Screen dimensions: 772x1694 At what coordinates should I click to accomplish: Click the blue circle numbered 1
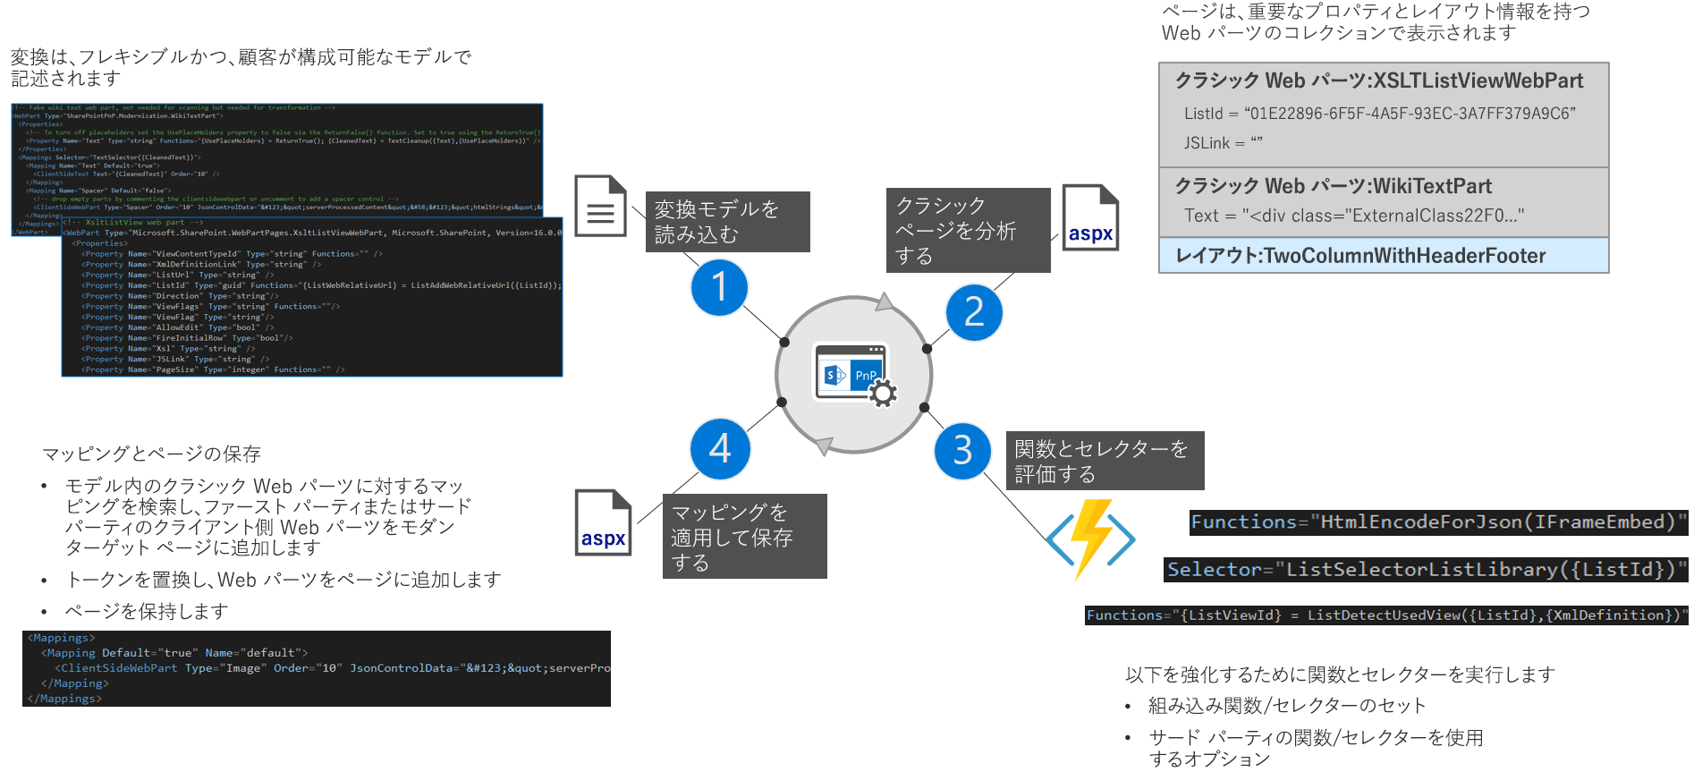coord(719,287)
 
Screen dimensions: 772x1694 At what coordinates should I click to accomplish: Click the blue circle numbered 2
coord(974,312)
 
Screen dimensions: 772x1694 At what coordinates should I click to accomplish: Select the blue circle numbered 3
coord(962,451)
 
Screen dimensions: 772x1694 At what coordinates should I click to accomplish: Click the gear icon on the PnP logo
coord(883,393)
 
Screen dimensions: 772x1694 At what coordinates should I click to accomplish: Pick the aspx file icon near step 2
coord(1090,217)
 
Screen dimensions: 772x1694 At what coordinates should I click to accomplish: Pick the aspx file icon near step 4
coord(603,522)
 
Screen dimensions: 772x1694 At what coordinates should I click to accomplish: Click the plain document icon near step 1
coord(600,207)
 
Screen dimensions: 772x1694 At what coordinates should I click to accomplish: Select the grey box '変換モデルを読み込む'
coord(727,222)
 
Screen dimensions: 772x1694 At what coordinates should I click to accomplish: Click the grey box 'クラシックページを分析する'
coord(968,230)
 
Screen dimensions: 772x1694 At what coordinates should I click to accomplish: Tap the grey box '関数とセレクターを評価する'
coord(1105,461)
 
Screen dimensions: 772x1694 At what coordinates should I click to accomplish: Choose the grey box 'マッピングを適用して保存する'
coord(744,537)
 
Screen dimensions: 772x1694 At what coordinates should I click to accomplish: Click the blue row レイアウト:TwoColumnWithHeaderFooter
coord(1383,256)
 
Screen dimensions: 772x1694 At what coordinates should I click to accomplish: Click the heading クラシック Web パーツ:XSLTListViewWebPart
coord(1378,81)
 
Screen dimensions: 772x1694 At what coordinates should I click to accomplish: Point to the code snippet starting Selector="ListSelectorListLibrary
coord(1426,570)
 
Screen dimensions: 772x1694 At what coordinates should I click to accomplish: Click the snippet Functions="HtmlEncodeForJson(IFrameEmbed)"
coord(1437,522)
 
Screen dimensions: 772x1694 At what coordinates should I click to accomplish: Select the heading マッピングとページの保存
coord(151,454)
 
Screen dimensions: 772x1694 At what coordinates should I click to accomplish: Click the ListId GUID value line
coord(1379,114)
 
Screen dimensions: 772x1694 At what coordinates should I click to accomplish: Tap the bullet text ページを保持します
coord(147,611)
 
